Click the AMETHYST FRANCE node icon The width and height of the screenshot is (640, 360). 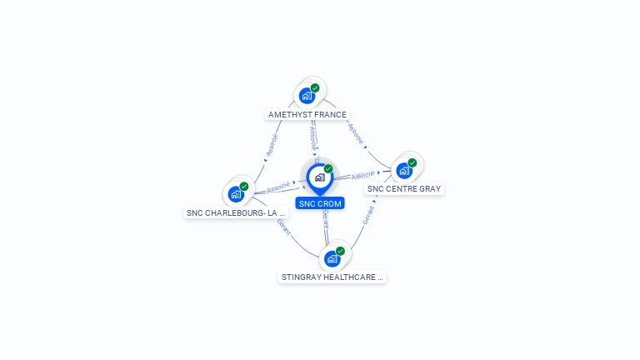click(307, 96)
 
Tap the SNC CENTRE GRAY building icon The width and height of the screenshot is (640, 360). click(404, 171)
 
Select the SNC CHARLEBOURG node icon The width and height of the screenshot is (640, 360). click(236, 194)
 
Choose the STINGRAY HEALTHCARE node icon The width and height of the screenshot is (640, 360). click(332, 258)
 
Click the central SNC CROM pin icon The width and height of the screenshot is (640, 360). click(319, 177)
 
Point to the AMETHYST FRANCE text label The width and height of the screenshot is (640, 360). click(307, 114)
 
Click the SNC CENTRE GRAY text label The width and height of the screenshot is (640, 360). click(404, 189)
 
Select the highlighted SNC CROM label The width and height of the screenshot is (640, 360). click(320, 203)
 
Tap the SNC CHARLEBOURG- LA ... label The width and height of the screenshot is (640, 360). click(236, 212)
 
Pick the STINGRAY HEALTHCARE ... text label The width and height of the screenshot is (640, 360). click(332, 277)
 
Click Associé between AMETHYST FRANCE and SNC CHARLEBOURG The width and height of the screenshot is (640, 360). click(272, 145)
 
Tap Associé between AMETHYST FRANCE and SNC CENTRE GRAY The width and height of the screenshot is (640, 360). click(356, 135)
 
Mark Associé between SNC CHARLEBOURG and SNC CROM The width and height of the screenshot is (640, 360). click(278, 187)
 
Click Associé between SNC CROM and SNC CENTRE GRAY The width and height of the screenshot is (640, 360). click(363, 176)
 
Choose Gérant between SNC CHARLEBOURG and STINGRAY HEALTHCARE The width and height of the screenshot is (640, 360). click(283, 227)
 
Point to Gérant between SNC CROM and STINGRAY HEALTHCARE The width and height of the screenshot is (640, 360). click(326, 219)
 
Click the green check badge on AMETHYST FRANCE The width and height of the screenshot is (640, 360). click(315, 87)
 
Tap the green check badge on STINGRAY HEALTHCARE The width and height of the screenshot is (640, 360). click(340, 251)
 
